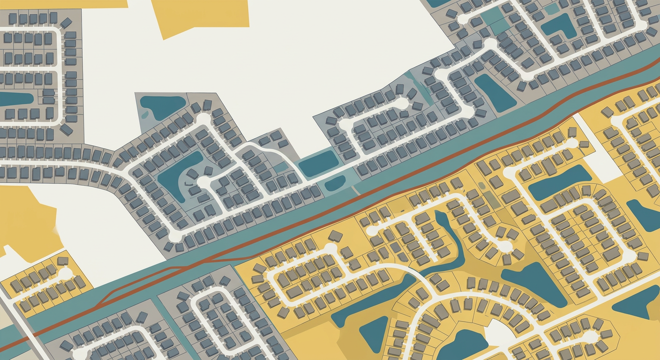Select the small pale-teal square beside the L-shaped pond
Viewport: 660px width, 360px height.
pyautogui.click(x=552, y=8)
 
